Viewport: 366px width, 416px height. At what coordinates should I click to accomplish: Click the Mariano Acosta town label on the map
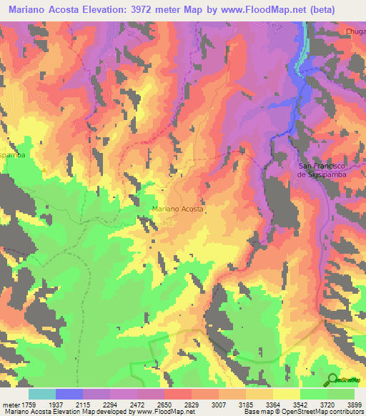coord(178,209)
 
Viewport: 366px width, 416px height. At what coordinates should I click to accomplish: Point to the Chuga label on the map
coord(355,31)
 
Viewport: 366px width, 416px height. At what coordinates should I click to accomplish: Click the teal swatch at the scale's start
coord(42,394)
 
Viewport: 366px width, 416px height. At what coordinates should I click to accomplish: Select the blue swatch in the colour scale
coord(69,394)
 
